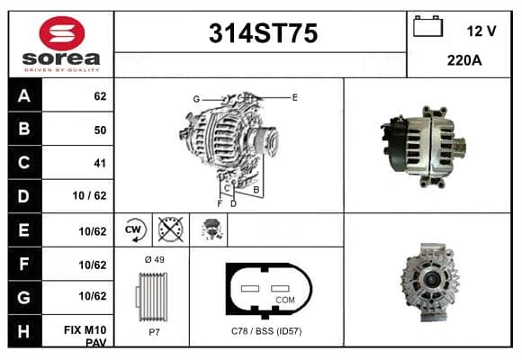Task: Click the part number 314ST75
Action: (263, 33)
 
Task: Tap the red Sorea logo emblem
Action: (62, 33)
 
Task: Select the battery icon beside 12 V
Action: (427, 26)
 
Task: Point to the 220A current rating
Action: (464, 60)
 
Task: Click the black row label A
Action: (25, 95)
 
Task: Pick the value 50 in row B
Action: (100, 130)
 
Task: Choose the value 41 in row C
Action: (100, 163)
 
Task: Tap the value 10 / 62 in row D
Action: (90, 195)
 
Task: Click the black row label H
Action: (25, 331)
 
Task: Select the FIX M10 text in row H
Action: (85, 330)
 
